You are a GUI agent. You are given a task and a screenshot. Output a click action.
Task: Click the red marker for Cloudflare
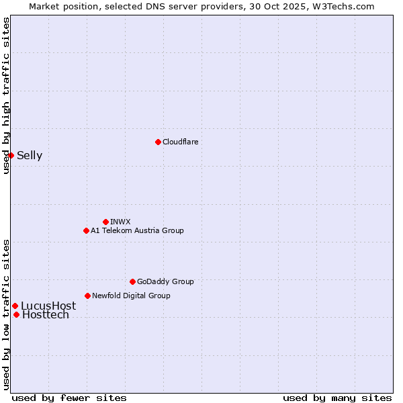tap(158, 142)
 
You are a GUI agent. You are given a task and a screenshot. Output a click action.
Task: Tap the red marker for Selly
tap(11, 155)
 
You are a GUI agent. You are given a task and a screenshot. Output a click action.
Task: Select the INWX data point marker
tap(105, 222)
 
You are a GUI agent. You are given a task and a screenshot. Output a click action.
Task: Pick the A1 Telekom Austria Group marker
tap(86, 230)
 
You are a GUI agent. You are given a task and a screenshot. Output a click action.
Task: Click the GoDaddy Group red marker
tap(132, 281)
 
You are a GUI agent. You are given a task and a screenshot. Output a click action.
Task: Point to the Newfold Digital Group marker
tap(87, 296)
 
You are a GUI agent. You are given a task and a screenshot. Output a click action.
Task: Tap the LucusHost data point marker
tap(15, 306)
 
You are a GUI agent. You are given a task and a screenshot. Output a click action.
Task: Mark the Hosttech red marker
tap(16, 314)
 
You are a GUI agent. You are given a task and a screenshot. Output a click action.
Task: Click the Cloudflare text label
tap(181, 142)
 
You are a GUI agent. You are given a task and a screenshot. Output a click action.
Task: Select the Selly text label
tap(30, 156)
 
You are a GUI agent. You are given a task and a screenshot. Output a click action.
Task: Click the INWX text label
tap(120, 222)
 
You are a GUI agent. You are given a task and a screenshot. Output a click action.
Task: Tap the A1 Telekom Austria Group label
tap(137, 230)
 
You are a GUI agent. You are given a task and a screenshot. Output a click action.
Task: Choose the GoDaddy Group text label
tap(165, 281)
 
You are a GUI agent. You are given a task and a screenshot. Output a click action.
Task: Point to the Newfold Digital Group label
tap(131, 296)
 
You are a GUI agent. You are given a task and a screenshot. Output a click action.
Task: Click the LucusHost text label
tap(48, 306)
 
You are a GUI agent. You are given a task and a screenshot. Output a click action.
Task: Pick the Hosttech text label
tap(46, 315)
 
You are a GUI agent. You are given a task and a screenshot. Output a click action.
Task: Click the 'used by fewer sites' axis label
tap(69, 398)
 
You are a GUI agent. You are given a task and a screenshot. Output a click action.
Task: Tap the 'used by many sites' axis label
tap(337, 398)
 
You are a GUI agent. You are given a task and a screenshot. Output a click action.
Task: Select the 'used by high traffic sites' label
tap(6, 95)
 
